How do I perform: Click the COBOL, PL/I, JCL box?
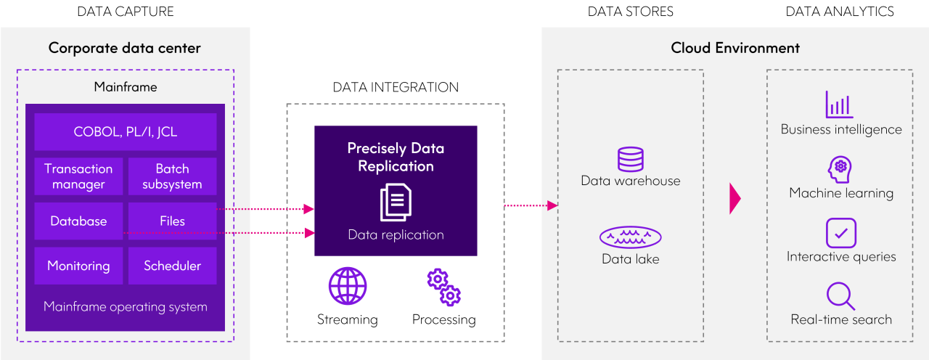click(125, 132)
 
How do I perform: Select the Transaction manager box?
click(78, 176)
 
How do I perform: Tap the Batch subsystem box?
click(172, 176)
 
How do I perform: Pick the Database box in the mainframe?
click(78, 221)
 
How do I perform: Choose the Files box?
click(172, 221)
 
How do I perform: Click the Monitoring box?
click(78, 266)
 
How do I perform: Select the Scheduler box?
click(172, 266)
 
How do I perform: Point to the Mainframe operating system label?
click(125, 306)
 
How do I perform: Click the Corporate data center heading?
click(125, 49)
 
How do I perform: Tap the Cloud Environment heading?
click(734, 49)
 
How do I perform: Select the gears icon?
click(444, 287)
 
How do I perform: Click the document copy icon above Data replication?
click(396, 202)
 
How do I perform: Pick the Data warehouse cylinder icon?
click(630, 159)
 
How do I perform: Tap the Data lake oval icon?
click(630, 237)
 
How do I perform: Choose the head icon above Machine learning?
click(840, 168)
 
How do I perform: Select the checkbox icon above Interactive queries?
click(840, 233)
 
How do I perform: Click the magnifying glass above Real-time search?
click(840, 296)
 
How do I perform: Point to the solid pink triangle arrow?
click(734, 198)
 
